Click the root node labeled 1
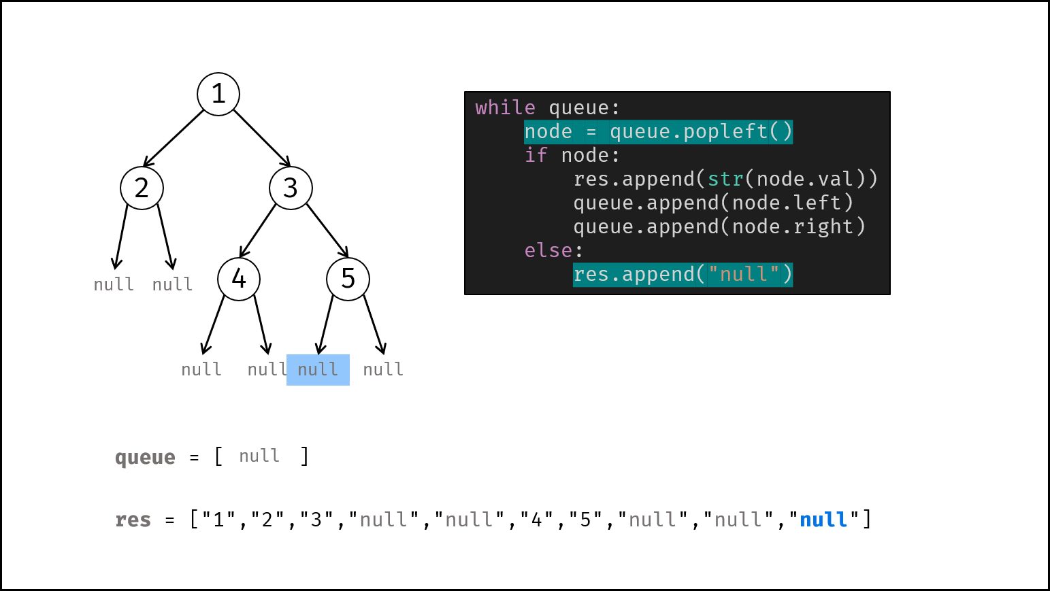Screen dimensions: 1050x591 (218, 94)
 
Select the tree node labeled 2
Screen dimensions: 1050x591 (142, 188)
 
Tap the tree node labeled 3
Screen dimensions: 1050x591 (291, 188)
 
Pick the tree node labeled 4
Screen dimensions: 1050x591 (239, 279)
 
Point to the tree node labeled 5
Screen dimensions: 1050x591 (348, 279)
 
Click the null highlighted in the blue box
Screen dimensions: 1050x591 (318, 370)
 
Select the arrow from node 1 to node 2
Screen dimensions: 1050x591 (174, 138)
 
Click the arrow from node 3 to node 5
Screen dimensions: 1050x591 (327, 231)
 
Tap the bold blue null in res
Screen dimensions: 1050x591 (823, 520)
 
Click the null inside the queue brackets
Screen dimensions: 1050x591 (259, 456)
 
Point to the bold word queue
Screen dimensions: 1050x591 (146, 458)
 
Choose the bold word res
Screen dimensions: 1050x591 (133, 520)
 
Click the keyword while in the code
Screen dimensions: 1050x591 (506, 108)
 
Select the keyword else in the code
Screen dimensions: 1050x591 (548, 250)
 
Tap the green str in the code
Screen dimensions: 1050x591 (725, 180)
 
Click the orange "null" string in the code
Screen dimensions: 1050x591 (743, 275)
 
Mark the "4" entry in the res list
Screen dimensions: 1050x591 (537, 520)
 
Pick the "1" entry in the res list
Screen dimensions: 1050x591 (218, 520)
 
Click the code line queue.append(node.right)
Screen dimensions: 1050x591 (719, 227)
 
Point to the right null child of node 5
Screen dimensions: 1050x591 (383, 370)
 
